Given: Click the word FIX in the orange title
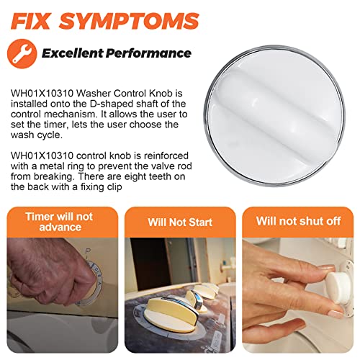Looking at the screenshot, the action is tap(30, 21).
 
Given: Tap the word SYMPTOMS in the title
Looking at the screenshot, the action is tap(129, 21).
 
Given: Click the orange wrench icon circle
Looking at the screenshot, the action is tap(22, 54).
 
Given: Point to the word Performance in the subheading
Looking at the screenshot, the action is tap(148, 53).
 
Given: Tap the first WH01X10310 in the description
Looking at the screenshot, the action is tap(42, 94).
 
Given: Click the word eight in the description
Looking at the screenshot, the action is tap(135, 177).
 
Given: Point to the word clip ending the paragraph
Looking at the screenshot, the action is tap(114, 187).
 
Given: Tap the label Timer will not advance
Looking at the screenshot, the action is tap(60, 222).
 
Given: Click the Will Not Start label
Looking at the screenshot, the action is tap(180, 222).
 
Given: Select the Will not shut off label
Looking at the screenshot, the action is tap(298, 221).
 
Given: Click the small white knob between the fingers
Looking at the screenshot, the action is tap(338, 287).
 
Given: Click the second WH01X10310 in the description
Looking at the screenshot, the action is tap(42, 156).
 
